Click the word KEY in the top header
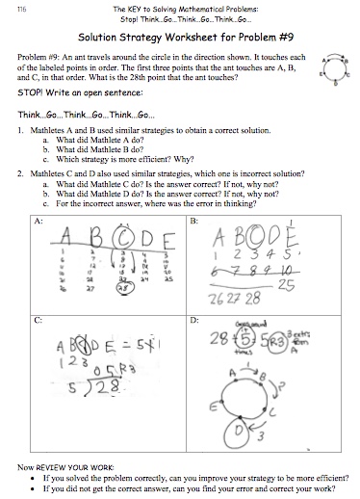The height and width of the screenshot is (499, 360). coord(148,8)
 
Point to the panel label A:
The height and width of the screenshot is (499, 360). coord(39,221)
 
